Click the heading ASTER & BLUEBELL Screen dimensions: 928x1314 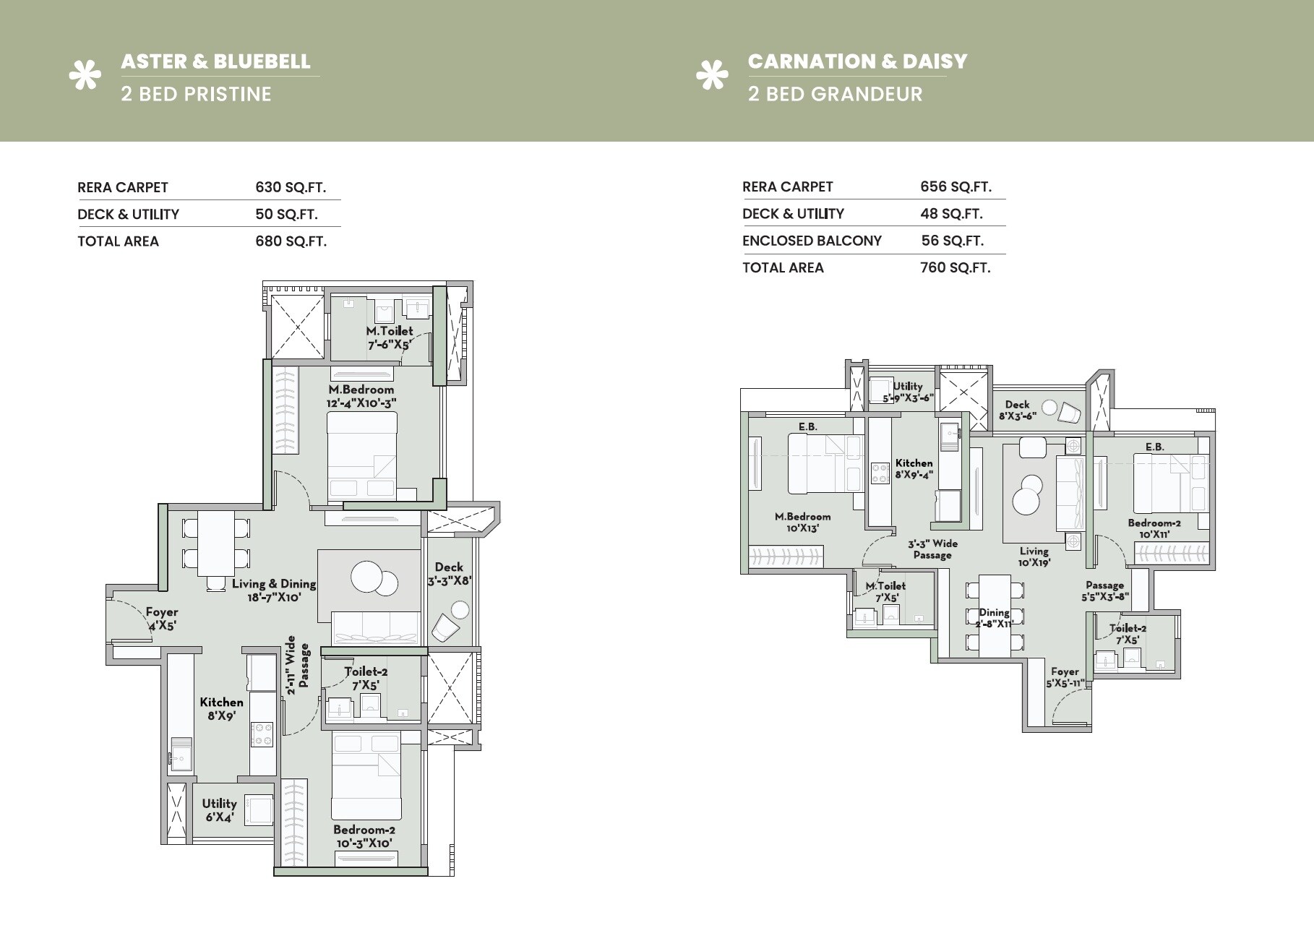click(x=215, y=61)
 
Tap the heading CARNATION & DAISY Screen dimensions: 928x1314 click(x=857, y=61)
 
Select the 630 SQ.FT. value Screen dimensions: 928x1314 click(x=291, y=188)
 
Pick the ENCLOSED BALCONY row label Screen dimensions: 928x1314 click(x=812, y=241)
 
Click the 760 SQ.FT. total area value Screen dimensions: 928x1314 click(x=955, y=268)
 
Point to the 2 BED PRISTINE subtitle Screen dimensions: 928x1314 click(x=196, y=94)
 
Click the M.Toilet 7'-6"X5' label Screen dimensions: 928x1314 click(x=390, y=338)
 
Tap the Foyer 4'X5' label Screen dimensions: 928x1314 click(x=162, y=619)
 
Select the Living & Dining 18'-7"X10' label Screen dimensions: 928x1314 click(x=274, y=590)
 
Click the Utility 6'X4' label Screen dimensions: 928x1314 click(x=219, y=810)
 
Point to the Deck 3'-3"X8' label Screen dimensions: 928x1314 click(x=449, y=574)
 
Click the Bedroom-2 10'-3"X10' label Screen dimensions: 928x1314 click(x=364, y=836)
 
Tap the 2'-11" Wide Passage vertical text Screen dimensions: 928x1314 click(x=298, y=666)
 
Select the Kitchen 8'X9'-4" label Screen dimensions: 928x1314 click(x=914, y=468)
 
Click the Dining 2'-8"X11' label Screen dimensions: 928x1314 click(x=994, y=618)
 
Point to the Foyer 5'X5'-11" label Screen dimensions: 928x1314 click(x=1065, y=677)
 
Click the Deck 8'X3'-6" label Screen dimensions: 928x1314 click(x=1017, y=411)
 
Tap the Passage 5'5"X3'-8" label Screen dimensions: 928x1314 click(x=1104, y=591)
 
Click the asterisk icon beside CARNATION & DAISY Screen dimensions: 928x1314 click(x=711, y=77)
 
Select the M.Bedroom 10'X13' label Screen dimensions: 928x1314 click(x=802, y=523)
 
